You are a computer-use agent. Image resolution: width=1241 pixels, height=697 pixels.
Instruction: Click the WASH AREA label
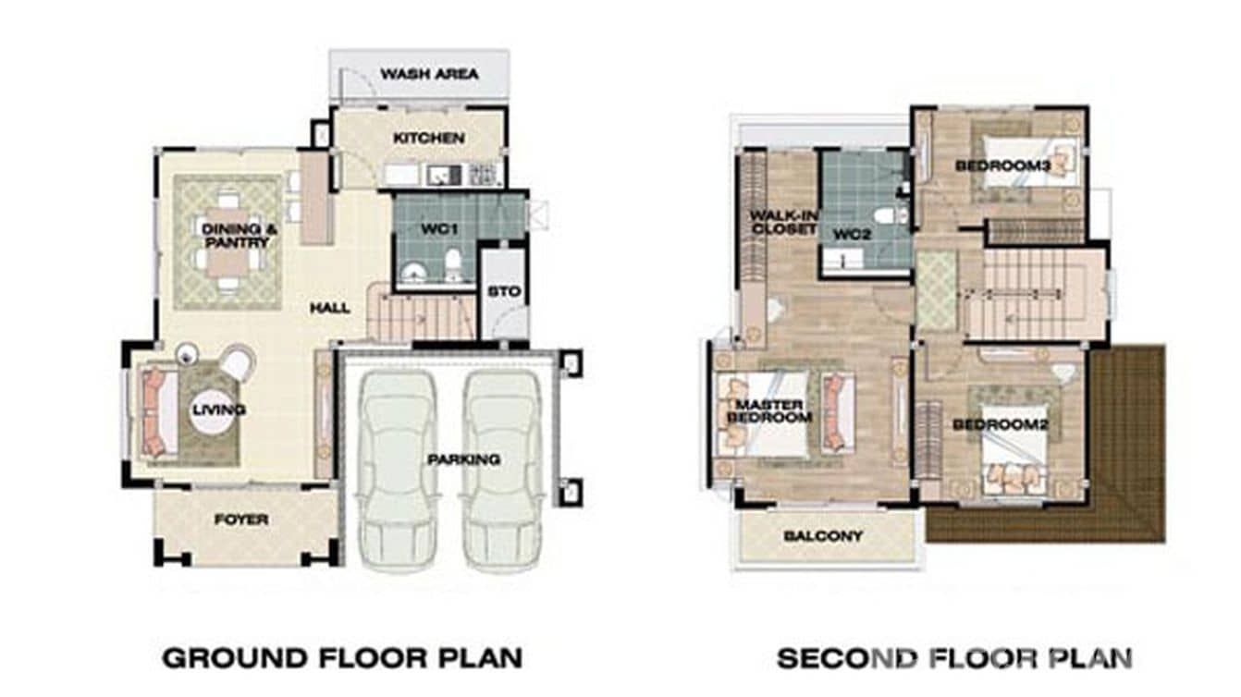click(x=429, y=74)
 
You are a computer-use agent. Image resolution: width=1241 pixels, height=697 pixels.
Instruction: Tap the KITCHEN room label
click(x=428, y=139)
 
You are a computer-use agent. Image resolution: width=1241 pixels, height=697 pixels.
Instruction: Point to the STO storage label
click(x=504, y=292)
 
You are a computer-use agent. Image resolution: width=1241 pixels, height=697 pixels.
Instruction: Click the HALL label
click(x=330, y=308)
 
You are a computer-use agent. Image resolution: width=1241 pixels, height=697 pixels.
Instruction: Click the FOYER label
click(x=241, y=520)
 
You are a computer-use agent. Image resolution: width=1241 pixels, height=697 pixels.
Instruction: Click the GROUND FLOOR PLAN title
click(x=342, y=658)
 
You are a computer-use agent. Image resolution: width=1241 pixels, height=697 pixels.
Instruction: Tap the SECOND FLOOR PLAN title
click(x=954, y=658)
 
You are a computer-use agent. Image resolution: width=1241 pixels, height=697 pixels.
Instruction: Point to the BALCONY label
click(x=823, y=536)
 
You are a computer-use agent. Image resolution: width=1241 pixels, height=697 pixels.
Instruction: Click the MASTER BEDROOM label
click(x=770, y=410)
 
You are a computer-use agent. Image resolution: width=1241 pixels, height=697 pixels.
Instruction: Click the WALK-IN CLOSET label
click(x=782, y=222)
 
